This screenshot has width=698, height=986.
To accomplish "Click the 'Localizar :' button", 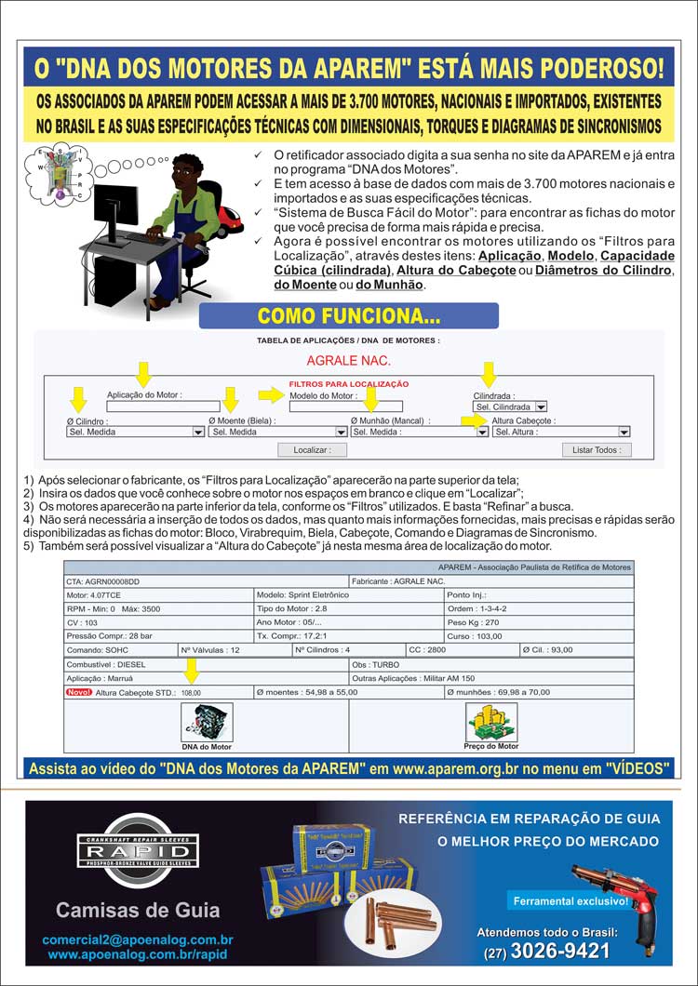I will coord(312,449).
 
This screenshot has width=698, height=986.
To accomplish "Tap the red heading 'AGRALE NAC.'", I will coord(348,360).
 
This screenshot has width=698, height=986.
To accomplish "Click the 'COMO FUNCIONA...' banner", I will coord(349,316).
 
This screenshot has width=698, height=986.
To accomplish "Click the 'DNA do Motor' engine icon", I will coord(207,722).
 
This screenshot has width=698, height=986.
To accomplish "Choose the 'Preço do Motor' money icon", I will coord(490,722).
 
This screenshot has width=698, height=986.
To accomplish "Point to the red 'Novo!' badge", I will coord(78,692).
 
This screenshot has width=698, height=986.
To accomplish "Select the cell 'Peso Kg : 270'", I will coord(538,621).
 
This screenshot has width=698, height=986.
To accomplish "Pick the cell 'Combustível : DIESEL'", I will coord(206,665).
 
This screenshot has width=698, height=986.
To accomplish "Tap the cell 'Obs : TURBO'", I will coord(490,665).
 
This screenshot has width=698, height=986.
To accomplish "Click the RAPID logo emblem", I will coord(137,849).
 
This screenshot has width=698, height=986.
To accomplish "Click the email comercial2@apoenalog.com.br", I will coord(137,940).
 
